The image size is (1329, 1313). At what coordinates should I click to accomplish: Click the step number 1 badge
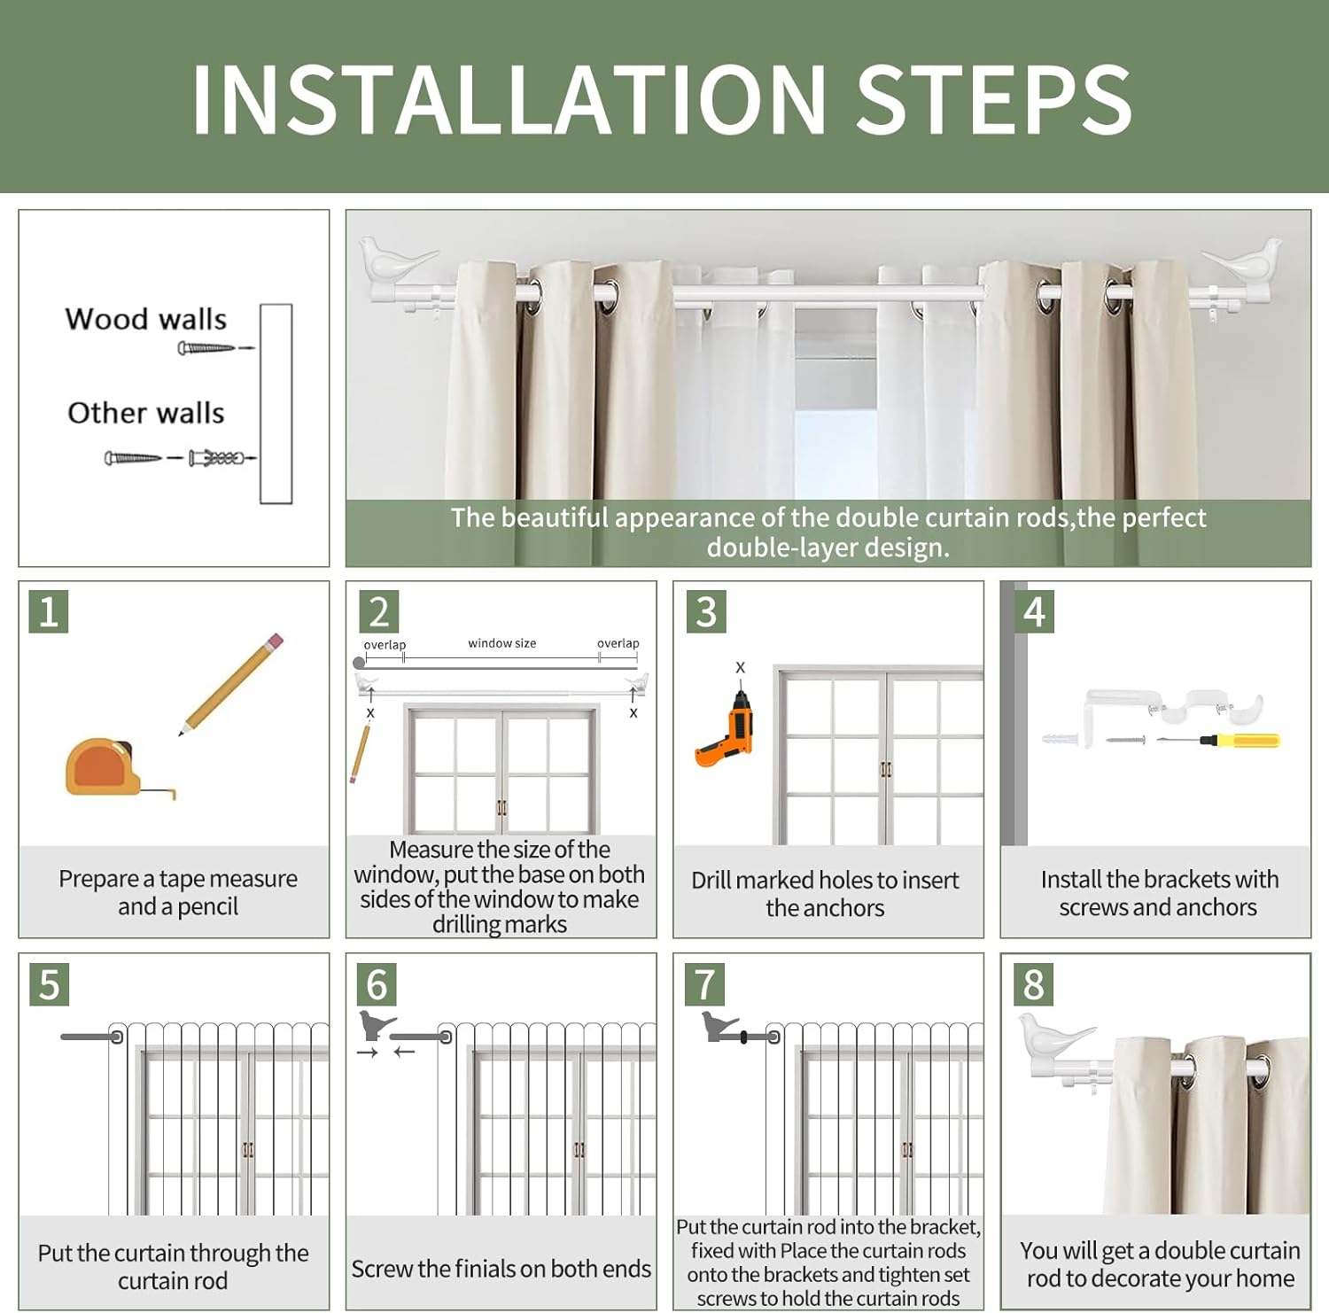click(x=49, y=611)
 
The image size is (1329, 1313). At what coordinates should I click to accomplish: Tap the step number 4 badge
click(x=1034, y=611)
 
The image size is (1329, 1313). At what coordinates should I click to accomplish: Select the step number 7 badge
click(x=704, y=984)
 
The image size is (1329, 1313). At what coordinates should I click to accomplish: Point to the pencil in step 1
click(x=232, y=683)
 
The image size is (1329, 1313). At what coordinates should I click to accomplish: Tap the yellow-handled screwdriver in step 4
click(x=1218, y=740)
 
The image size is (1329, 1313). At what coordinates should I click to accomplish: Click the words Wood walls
click(x=146, y=319)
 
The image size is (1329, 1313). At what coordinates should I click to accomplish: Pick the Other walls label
click(x=146, y=413)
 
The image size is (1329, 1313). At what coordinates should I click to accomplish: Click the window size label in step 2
click(x=502, y=643)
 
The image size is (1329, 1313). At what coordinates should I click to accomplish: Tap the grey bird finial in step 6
click(x=376, y=1024)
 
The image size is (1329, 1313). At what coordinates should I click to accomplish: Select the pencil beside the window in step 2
click(x=360, y=753)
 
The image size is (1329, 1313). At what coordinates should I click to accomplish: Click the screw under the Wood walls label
click(x=206, y=348)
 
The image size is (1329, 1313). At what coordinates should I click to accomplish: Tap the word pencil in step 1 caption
click(x=207, y=907)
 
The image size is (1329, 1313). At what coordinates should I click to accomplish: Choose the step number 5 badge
click(x=49, y=984)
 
